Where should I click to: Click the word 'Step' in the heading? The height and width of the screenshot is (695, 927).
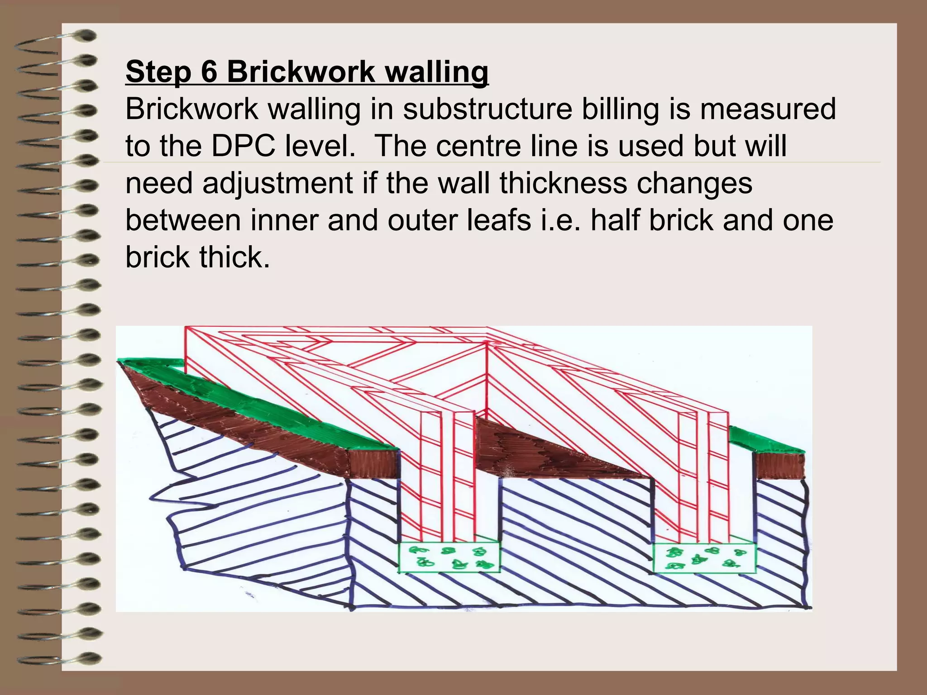[158, 72]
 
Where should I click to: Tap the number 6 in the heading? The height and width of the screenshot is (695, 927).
[209, 71]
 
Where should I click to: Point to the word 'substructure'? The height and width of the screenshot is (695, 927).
[487, 109]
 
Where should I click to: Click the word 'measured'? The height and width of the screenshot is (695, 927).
[768, 109]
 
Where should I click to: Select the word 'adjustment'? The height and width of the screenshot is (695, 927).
[277, 183]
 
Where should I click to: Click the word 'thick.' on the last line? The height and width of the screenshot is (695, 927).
[234, 257]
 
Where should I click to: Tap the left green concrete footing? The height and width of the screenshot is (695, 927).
[449, 557]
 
